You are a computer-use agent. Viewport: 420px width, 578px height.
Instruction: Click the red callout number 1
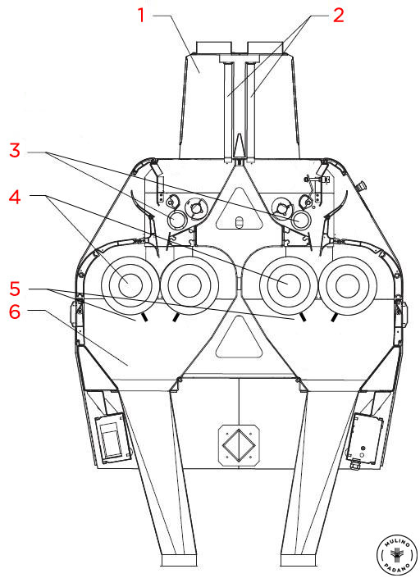(x=141, y=15)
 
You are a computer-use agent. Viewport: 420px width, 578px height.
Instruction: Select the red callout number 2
(x=339, y=15)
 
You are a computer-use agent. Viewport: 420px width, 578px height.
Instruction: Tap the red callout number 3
(x=15, y=150)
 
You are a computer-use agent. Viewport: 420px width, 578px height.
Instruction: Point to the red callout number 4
(x=15, y=197)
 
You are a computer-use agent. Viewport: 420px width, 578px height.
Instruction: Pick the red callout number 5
(x=15, y=289)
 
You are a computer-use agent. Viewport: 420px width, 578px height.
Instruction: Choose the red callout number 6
(x=15, y=312)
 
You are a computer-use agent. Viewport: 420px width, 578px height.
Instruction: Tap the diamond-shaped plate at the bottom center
(x=240, y=445)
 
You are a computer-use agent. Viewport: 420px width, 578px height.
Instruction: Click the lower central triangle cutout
(x=240, y=338)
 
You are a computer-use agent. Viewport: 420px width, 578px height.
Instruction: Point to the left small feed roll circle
(x=177, y=220)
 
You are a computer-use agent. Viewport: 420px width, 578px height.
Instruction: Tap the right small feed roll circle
(x=302, y=220)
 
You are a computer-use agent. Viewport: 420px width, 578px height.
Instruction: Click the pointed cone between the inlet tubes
(x=240, y=146)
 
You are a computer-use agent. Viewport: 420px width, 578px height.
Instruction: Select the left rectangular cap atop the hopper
(x=214, y=48)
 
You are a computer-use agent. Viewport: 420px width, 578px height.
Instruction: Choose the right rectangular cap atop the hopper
(x=265, y=48)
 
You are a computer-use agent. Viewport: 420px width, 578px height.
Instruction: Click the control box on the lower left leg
(x=113, y=438)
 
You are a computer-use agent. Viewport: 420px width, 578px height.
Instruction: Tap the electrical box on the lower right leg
(x=364, y=439)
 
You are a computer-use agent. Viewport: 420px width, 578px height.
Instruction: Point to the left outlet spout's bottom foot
(x=179, y=560)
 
